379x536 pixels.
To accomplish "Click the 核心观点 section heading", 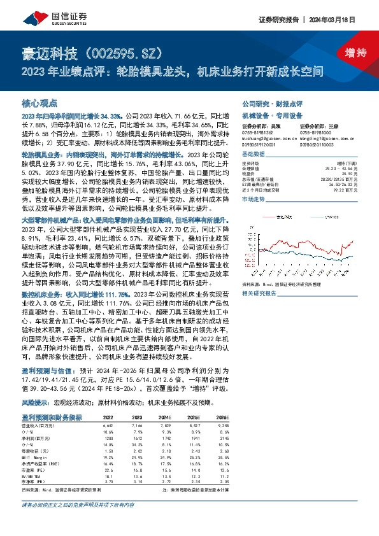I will (x=39, y=102).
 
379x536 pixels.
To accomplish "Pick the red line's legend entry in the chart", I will (x=287, y=216).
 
